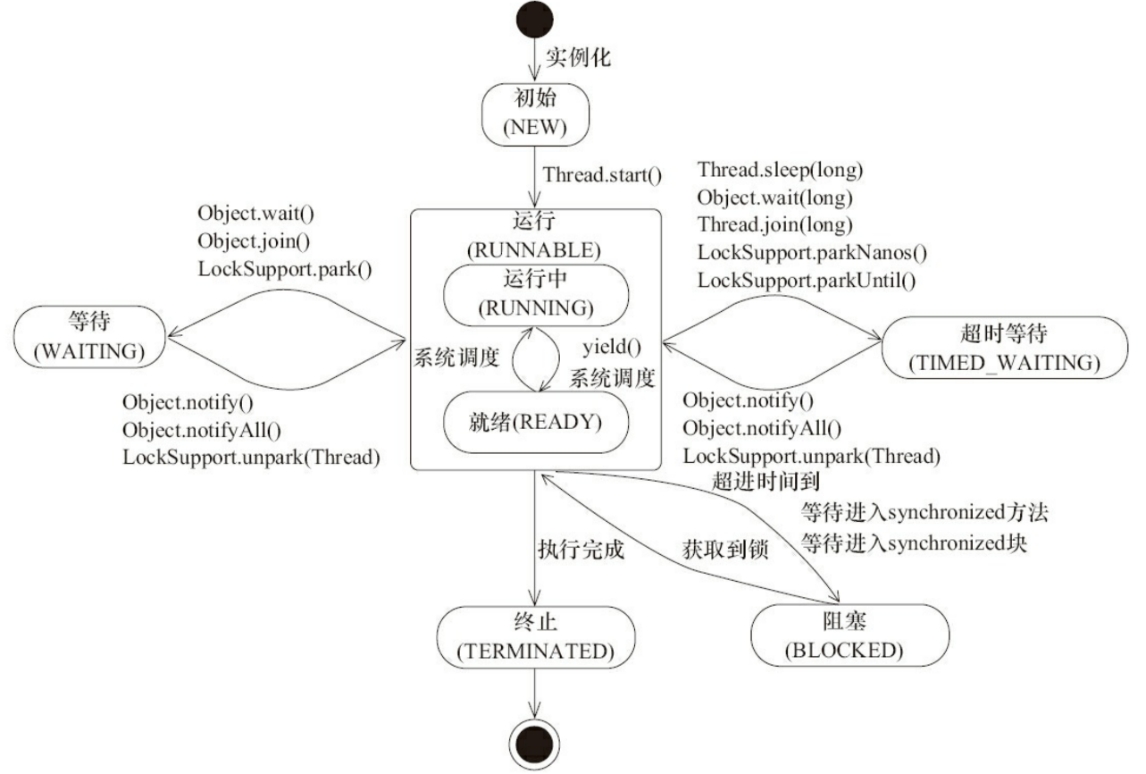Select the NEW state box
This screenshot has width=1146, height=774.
[535, 114]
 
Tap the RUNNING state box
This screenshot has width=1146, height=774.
[535, 294]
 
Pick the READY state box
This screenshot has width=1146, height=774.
[535, 421]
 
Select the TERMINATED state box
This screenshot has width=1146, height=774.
[534, 637]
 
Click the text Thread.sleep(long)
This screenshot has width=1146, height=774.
[780, 168]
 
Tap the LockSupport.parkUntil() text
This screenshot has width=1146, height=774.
[807, 280]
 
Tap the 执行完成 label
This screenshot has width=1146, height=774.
[581, 550]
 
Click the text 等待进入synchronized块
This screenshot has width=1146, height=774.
[914, 542]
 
